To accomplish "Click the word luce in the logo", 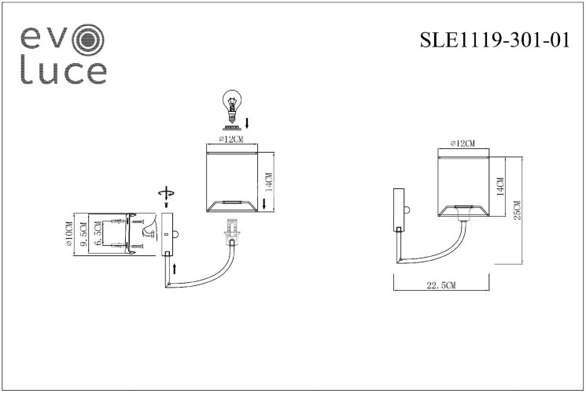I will tap(63, 72).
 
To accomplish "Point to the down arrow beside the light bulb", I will tap(248, 123).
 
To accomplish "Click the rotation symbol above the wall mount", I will tap(164, 194).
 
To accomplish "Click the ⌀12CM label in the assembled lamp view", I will tap(464, 144).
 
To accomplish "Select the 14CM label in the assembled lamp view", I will tap(499, 187).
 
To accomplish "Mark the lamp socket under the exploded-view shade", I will tap(231, 230).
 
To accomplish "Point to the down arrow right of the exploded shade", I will tap(264, 204).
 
